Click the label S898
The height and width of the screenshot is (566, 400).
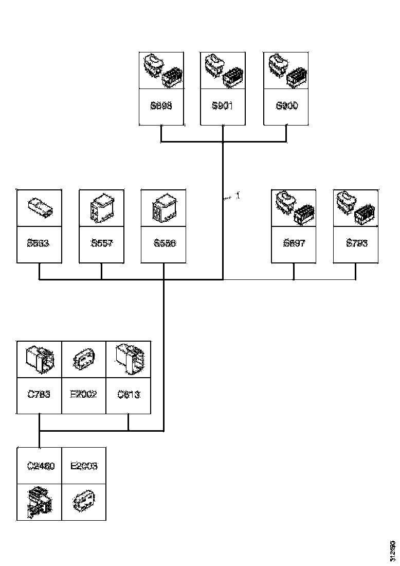[161, 107]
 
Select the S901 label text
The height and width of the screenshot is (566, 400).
[222, 107]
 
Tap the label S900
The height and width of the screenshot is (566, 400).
[286, 107]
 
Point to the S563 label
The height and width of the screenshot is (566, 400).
[39, 243]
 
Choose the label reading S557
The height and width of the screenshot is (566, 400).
[101, 243]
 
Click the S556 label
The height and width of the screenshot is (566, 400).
[164, 243]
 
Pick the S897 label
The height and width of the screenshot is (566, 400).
[294, 243]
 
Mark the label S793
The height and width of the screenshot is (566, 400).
[357, 243]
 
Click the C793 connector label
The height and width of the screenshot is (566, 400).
[39, 395]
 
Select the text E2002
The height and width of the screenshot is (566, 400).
[83, 395]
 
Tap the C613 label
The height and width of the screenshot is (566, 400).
[129, 395]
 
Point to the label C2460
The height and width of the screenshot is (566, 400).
[39, 466]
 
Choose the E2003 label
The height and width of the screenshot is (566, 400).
[84, 466]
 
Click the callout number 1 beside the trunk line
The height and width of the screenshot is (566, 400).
[238, 196]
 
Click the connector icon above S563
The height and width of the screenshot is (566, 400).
[39, 207]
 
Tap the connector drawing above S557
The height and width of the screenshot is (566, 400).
[101, 207]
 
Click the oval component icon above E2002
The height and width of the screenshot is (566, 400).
[83, 359]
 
